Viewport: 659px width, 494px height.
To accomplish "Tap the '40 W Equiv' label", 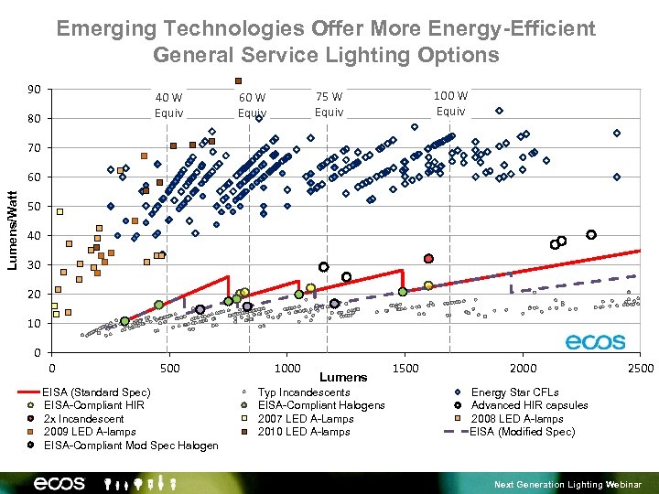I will point(168,105).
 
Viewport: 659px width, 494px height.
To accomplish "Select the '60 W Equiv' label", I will point(252,105).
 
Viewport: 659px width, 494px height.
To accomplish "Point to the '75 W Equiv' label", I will point(329,104).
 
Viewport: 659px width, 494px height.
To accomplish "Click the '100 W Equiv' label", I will point(450,102).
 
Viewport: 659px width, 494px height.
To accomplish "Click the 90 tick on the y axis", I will point(34,90).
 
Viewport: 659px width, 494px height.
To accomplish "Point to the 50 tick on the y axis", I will point(34,207).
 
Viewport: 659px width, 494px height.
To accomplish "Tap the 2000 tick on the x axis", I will point(523,368).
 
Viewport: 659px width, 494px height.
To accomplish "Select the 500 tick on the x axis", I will point(169,368).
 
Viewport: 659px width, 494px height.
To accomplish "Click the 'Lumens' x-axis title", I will point(344,377).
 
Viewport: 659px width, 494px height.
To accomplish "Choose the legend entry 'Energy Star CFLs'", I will point(514,392).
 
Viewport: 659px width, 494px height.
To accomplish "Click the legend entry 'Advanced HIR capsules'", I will point(529,405).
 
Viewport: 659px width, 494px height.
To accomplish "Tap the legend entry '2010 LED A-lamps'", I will point(304,432).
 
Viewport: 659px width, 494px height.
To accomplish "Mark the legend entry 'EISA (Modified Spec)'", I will point(522,432).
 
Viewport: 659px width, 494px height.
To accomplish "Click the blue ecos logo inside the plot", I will point(595,342).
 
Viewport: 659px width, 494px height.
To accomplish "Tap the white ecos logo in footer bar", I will point(59,483).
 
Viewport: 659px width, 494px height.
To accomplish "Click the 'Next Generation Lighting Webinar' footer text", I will point(567,484).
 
